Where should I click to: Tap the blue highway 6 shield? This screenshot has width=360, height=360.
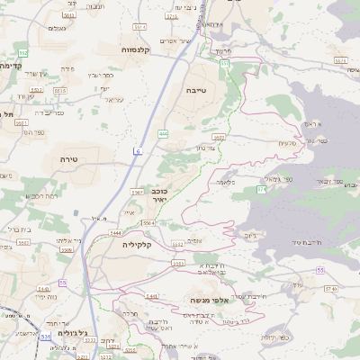pyautogui.click(x=139, y=151)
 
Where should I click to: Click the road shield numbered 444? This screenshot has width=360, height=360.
pyautogui.click(x=163, y=133)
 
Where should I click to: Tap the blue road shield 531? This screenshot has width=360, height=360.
pyautogui.click(x=46, y=337)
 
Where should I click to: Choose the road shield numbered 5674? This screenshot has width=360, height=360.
pyautogui.click(x=339, y=58)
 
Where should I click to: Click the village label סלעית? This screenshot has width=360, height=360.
pyautogui.click(x=287, y=143)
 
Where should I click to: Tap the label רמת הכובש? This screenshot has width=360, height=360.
pyautogui.click(x=42, y=195)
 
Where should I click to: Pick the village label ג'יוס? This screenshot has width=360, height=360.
pyautogui.click(x=250, y=236)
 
